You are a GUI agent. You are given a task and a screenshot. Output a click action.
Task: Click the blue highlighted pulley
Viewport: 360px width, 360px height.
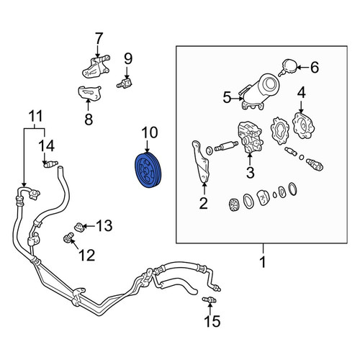click(x=148, y=170)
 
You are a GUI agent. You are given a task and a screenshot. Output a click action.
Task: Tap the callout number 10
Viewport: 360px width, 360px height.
click(x=150, y=132)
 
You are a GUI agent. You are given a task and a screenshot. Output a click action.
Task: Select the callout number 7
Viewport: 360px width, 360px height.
click(x=98, y=38)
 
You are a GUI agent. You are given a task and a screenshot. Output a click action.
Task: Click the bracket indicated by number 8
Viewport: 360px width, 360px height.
click(x=89, y=92)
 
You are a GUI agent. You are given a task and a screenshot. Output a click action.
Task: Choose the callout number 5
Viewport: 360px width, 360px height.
click(x=227, y=97)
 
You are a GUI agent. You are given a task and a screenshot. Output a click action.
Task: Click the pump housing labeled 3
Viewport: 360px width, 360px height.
click(x=250, y=137)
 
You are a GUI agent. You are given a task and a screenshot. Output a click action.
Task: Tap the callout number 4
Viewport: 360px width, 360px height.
click(x=302, y=93)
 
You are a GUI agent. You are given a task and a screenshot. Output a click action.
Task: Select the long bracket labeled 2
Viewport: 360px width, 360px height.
click(x=201, y=162)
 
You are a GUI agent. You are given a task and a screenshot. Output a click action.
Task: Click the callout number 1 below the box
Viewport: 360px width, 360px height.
click(x=263, y=262)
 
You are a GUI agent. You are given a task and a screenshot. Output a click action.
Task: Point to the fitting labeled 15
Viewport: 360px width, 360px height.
click(x=210, y=300)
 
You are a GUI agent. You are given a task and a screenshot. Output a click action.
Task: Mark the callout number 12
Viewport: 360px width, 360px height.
click(x=87, y=255)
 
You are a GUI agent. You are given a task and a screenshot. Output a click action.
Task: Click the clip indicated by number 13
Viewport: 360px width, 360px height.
click(x=79, y=227)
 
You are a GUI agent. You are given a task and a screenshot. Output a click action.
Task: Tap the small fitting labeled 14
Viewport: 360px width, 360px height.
click(x=50, y=164)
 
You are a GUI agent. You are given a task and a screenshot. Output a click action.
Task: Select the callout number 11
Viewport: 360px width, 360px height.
click(x=35, y=116)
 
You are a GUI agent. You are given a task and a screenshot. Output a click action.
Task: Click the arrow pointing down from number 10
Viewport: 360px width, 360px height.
click(x=147, y=146)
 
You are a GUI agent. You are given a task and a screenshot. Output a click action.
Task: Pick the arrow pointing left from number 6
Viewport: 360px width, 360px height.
click(x=303, y=67)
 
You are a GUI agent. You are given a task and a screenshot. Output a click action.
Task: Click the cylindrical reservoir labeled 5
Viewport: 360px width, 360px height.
click(x=261, y=91)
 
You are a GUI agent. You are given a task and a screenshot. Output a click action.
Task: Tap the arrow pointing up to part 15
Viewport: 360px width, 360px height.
click(x=210, y=309)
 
